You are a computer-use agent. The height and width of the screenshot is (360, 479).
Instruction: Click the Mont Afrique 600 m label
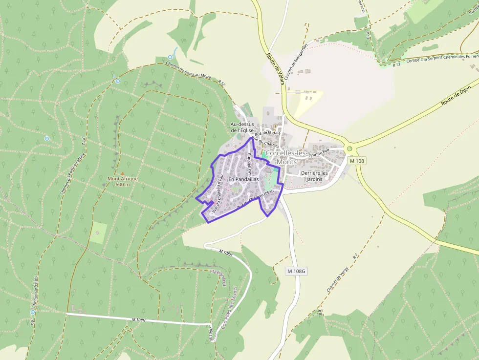tap(123, 181)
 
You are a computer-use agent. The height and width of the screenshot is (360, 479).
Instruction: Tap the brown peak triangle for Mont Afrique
tap(122, 173)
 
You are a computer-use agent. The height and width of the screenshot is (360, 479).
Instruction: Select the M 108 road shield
tap(357, 161)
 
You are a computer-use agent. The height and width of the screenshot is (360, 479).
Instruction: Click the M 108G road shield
tap(296, 271)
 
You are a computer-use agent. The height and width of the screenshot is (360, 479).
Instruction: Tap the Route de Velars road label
tap(275, 67)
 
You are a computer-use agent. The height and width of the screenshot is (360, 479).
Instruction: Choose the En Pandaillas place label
tap(243, 179)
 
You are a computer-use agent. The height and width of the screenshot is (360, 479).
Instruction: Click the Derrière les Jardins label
tap(315, 176)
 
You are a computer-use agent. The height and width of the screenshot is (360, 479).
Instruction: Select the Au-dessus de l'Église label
tap(243, 127)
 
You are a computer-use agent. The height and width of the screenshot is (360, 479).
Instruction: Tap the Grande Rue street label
tap(319, 153)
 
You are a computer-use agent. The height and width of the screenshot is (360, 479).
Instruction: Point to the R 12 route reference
tap(222, 84)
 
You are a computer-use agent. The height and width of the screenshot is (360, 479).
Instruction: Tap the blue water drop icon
tap(171, 57)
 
